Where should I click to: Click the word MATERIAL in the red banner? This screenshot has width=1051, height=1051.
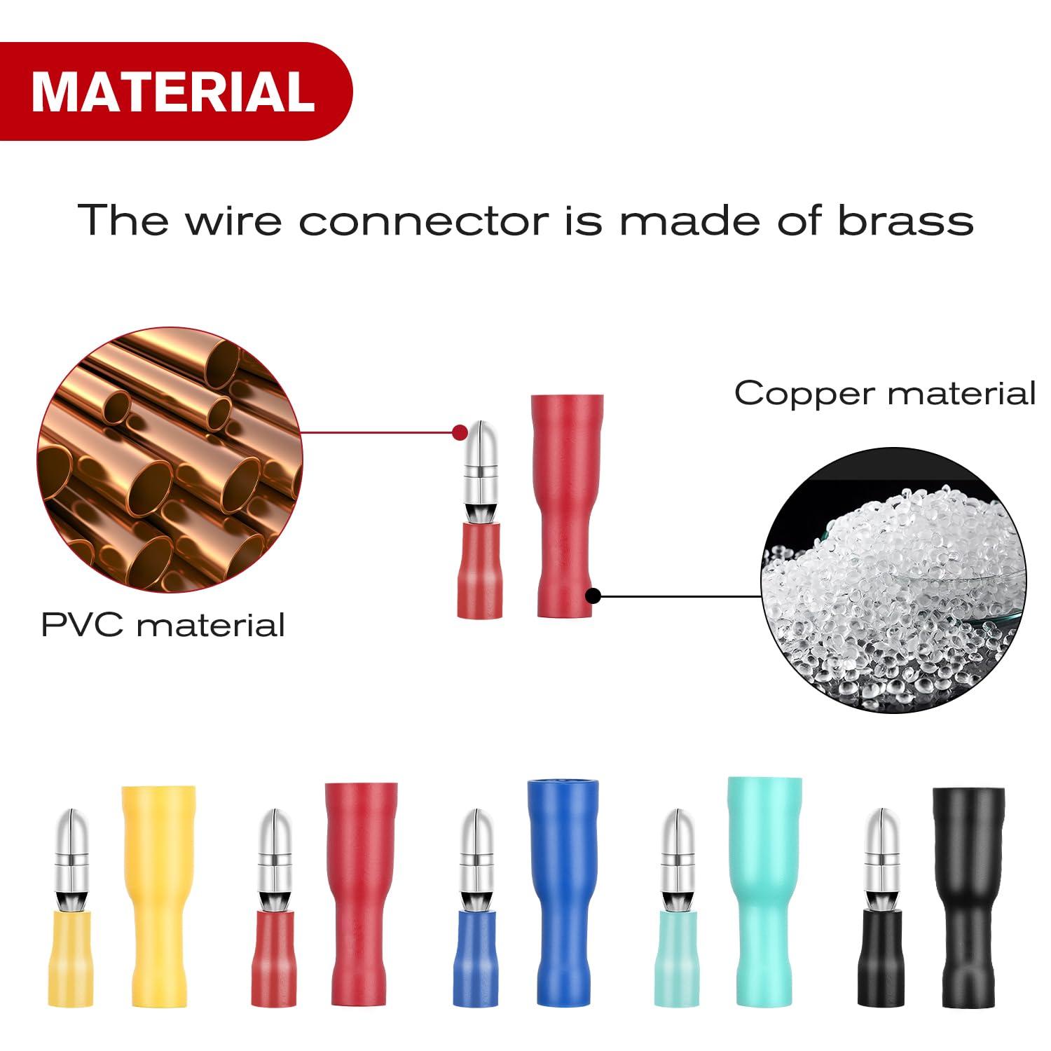173,91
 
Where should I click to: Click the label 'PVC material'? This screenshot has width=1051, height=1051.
163,624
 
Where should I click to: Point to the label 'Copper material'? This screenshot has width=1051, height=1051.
884,393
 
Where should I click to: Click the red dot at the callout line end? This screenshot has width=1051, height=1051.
460,432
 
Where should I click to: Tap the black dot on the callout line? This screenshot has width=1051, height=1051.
593,597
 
